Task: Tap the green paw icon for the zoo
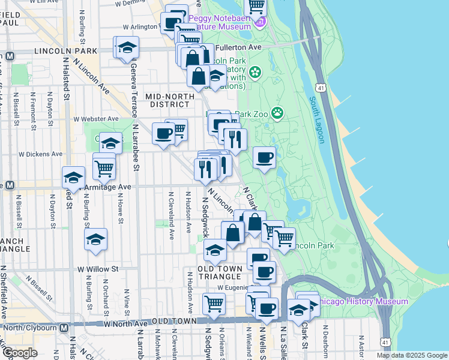coord(277,113)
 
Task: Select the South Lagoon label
coord(317,119)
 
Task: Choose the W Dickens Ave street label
coord(41,154)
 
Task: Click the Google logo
coord(20,353)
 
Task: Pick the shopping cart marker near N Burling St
coord(104,168)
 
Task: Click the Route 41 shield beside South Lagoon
coord(322,88)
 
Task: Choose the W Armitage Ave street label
coord(107,187)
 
